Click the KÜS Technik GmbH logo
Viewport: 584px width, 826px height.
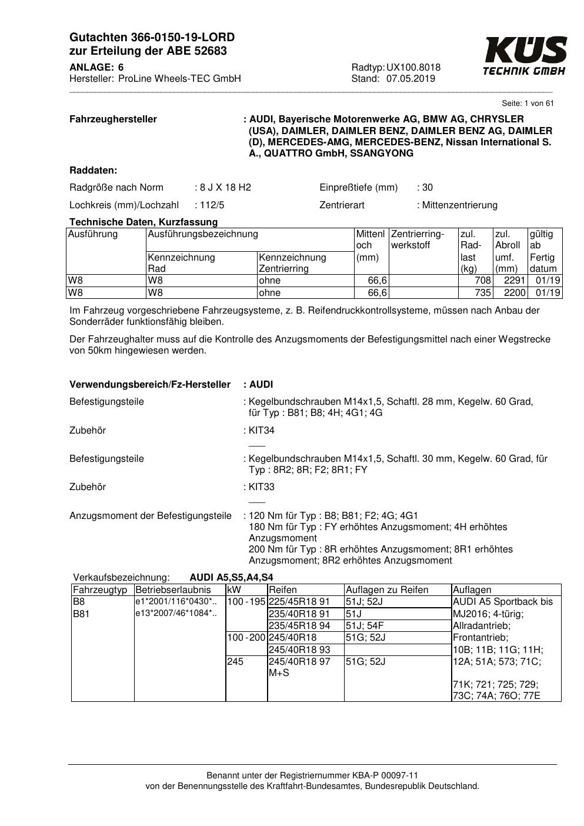click(525, 56)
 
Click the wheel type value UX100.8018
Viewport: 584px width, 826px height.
click(413, 68)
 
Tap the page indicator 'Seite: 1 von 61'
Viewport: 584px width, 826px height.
click(528, 104)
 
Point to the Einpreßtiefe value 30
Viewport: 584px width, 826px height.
click(428, 188)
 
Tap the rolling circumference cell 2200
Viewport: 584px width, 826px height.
click(515, 292)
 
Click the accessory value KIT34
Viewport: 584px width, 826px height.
click(262, 431)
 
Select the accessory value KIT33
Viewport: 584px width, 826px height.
click(262, 487)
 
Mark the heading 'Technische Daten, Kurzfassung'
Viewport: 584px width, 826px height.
click(144, 222)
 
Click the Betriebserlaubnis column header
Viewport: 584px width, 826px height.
click(173, 590)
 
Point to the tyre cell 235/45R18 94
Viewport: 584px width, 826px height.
click(299, 625)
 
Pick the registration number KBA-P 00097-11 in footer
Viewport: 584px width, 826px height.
click(384, 775)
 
